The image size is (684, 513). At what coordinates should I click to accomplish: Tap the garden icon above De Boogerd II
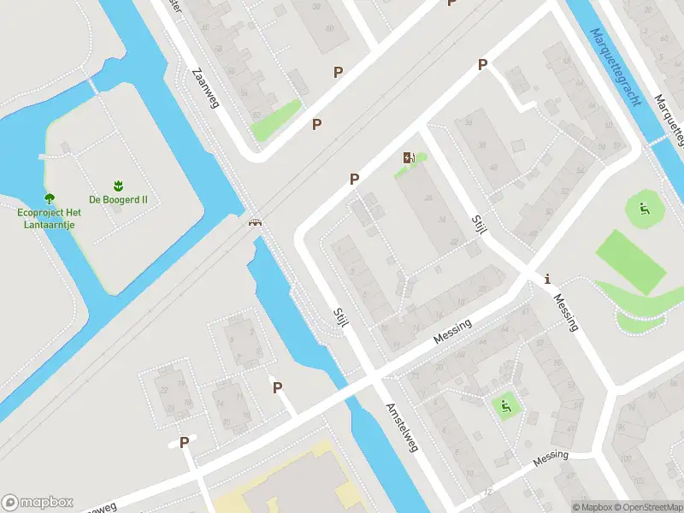click(x=118, y=186)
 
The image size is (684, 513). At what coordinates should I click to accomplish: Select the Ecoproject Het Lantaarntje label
click(x=49, y=218)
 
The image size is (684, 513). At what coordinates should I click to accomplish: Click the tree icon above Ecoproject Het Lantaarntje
click(x=49, y=198)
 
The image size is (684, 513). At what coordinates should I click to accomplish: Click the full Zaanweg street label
click(x=206, y=88)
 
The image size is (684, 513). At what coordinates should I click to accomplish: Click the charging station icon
click(x=408, y=157)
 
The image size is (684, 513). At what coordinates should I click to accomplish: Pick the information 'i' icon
click(x=547, y=278)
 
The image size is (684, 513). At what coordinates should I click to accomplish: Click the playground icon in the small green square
click(x=504, y=405)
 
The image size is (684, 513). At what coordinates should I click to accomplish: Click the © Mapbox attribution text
click(x=591, y=507)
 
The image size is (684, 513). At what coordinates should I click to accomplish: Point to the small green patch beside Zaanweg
click(x=276, y=121)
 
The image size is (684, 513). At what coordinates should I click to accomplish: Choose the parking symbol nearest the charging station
click(x=354, y=179)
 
